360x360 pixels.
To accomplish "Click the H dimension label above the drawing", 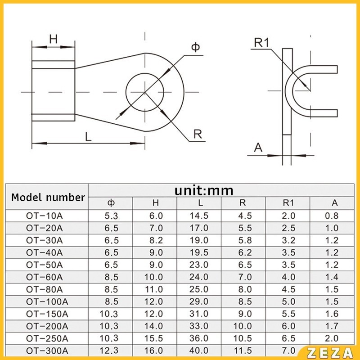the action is coord(53,39).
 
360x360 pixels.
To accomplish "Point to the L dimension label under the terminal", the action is coord(88,137).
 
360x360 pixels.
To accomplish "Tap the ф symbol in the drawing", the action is coord(195,47).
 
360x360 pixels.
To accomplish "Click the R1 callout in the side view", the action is coord(261,42).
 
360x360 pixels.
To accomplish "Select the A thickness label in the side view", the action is coord(258,148).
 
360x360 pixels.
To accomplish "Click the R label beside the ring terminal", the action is coord(198,134).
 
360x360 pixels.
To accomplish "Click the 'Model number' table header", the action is coord(48,198).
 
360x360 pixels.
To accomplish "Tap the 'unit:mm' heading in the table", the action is coord(204,191).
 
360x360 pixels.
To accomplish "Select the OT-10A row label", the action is coord(44,216).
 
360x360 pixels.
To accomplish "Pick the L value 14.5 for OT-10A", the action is coord(199,216).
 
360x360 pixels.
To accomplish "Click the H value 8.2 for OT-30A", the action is coord(156,240).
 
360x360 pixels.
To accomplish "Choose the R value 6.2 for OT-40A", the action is coord(245,252).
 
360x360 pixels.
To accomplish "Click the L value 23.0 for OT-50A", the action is coord(199,265).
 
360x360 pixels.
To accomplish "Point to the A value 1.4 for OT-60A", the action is coord(332,277).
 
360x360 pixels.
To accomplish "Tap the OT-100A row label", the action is coord(47,301).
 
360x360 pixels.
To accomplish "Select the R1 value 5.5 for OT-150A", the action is coord(288,314).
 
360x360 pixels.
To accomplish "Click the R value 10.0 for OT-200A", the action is coord(243,326).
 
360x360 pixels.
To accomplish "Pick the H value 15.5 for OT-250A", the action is coord(154,338).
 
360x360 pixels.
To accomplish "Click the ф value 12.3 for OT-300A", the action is coord(109,351).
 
